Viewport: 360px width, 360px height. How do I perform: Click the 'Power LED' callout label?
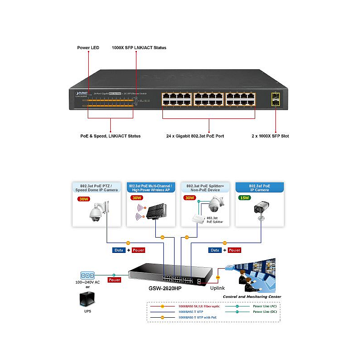coord(88,47)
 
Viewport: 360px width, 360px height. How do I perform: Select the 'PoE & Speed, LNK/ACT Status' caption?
coord(111,136)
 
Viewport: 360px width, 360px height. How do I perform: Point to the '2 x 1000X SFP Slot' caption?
coord(270,136)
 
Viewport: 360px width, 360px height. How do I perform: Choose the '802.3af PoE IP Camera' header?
coord(260,187)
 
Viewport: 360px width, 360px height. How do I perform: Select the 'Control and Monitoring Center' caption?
coord(252,297)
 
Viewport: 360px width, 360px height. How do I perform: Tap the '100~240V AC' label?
coord(88,282)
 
